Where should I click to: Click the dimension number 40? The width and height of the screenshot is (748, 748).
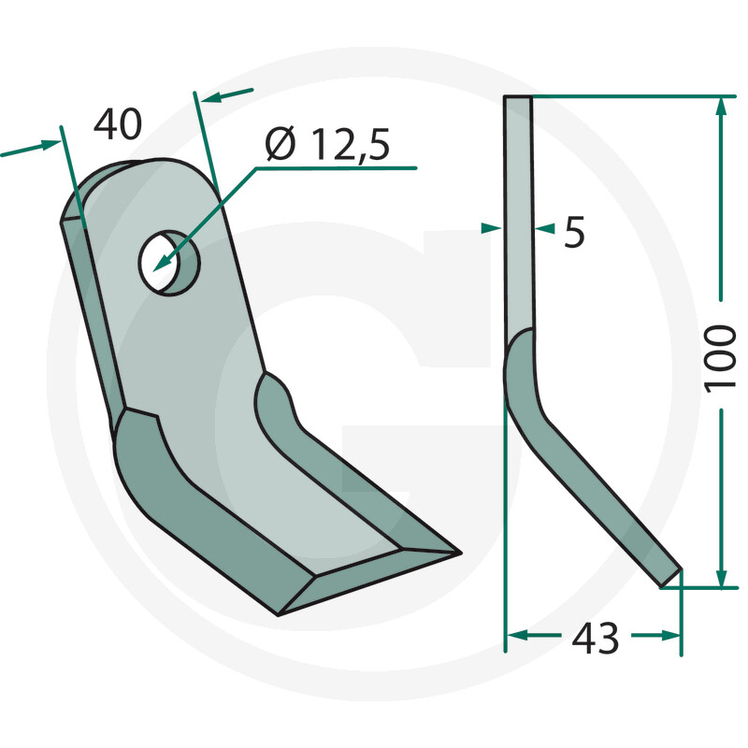[118, 123]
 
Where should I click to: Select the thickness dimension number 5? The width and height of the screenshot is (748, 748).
[574, 233]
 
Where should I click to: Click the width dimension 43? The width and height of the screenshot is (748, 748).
[593, 639]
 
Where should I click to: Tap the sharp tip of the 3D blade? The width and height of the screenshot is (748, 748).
[458, 552]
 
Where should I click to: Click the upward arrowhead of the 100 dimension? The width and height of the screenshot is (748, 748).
[721, 106]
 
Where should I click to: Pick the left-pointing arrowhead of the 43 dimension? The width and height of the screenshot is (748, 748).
[514, 636]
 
